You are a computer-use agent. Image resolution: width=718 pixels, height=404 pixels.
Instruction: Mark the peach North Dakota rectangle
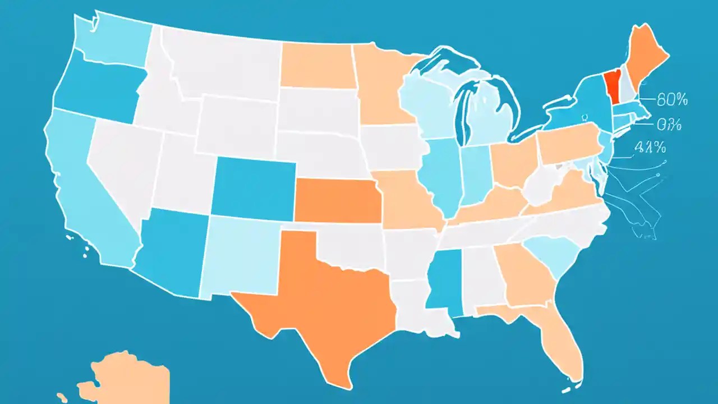pyautogui.click(x=317, y=66)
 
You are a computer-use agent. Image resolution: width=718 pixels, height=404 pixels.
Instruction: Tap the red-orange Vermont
pyautogui.click(x=612, y=88)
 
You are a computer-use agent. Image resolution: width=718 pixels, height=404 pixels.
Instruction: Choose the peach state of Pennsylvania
pyautogui.click(x=567, y=143)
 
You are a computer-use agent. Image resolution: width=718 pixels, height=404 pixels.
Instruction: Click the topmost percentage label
pyautogui.click(x=672, y=100)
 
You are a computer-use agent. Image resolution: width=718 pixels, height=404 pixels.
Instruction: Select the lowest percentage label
pyautogui.click(x=650, y=148)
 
